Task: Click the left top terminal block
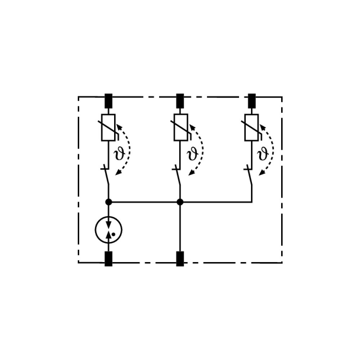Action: point(108,101)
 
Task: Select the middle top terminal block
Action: point(180,101)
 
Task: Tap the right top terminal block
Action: point(252,101)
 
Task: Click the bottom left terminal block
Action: point(108,259)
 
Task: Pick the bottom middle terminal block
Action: point(180,259)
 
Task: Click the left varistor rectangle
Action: point(108,127)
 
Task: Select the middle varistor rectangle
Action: point(181,127)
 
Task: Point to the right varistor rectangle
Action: point(252,127)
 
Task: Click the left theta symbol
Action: point(120,154)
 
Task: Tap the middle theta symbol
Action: point(193,154)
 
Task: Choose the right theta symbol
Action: point(263,154)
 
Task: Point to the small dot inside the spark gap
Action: point(113,235)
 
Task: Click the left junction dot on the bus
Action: point(108,202)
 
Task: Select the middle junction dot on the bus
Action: point(180,202)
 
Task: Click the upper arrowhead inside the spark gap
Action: point(108,225)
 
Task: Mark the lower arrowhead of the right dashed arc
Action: point(262,173)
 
